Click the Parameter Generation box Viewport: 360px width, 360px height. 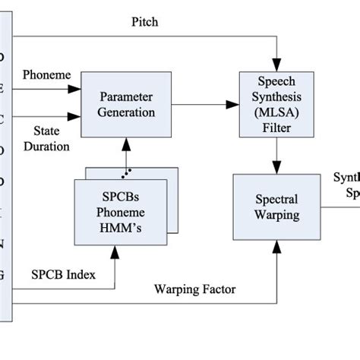click(x=126, y=105)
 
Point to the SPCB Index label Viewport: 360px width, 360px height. click(x=63, y=274)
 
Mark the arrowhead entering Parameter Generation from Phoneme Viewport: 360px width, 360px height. click(x=76, y=89)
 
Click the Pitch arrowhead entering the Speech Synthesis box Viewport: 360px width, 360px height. click(x=279, y=66)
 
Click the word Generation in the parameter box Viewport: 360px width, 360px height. click(x=126, y=112)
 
